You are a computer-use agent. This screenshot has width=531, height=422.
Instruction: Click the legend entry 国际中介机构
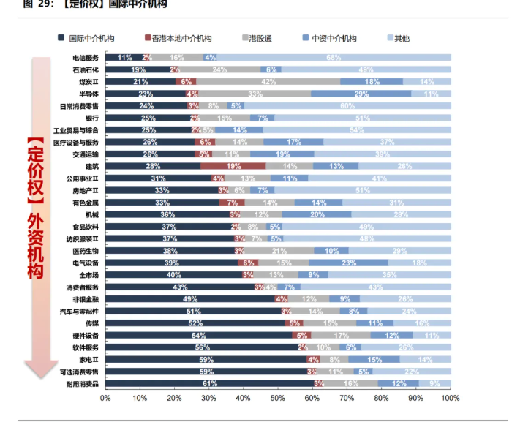91,38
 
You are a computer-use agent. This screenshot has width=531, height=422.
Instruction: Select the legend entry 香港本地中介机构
181,38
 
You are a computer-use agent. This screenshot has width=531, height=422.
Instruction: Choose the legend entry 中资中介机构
334,38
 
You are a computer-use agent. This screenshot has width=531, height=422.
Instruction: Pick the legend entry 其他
402,38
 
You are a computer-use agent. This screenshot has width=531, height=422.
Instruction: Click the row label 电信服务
85,57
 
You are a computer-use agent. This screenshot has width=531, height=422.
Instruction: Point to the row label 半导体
88,94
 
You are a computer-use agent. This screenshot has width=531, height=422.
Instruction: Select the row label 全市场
88,275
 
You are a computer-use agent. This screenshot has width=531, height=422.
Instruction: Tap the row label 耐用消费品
83,383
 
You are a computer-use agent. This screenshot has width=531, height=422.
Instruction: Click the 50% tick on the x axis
278,399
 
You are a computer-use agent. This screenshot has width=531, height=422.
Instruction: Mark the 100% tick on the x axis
449,399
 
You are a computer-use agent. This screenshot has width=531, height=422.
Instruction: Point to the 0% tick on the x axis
105,399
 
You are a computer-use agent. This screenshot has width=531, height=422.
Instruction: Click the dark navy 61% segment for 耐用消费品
210,383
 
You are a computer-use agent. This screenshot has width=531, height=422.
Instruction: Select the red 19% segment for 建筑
234,166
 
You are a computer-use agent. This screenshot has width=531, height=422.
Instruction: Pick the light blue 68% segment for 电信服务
334,57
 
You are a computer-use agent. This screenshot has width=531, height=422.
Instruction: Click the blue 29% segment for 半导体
361,94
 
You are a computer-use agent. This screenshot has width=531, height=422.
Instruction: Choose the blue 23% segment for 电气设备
348,263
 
